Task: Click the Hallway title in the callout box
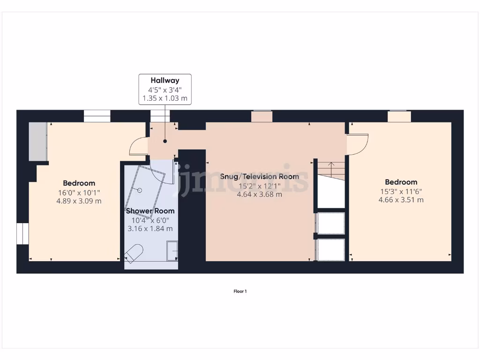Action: (x=165, y=80)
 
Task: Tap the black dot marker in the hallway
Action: (x=165, y=141)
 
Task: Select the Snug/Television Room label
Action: (x=260, y=177)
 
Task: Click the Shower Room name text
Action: (x=150, y=211)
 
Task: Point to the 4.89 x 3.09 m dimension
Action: (x=79, y=201)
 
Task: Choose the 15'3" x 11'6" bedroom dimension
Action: (x=401, y=191)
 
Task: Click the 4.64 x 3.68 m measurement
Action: (x=260, y=194)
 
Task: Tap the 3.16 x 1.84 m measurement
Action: (x=150, y=228)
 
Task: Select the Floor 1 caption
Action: (x=240, y=292)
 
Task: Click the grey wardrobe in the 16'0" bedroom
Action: (x=37, y=141)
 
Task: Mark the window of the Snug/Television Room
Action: (x=262, y=116)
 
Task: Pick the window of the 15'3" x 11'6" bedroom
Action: (x=399, y=116)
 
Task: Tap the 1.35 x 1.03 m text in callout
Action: (x=165, y=98)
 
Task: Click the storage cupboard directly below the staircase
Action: (x=331, y=223)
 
